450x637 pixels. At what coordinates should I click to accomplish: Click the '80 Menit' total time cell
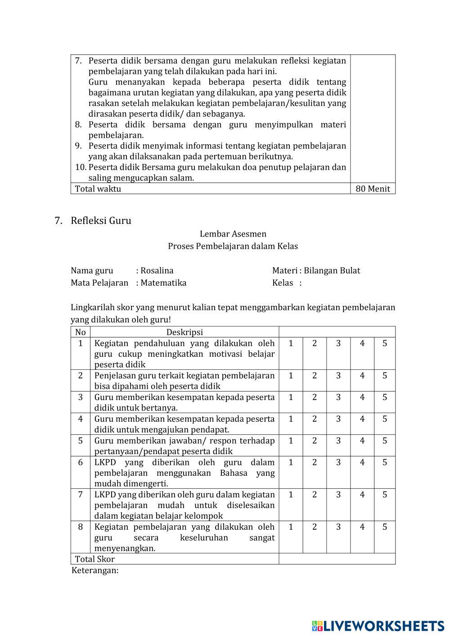[x=373, y=189]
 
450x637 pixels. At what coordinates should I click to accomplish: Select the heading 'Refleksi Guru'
[x=101, y=221]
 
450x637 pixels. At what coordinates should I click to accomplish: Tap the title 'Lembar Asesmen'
[x=233, y=234]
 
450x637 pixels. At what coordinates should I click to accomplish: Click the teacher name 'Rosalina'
[x=157, y=271]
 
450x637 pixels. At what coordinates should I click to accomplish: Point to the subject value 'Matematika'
[x=164, y=283]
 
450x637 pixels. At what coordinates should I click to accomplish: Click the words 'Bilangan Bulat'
[x=332, y=271]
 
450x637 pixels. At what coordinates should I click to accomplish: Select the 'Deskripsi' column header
[x=184, y=332]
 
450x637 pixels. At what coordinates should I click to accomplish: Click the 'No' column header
[x=81, y=332]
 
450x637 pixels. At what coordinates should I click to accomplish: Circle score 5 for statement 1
[x=385, y=343]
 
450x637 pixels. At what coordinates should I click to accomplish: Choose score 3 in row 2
[x=338, y=376]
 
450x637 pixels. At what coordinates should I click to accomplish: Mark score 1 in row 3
[x=291, y=397]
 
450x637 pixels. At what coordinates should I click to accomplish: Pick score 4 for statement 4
[x=362, y=419]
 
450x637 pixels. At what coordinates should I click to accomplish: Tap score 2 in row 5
[x=315, y=441]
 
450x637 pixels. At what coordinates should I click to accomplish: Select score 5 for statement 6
[x=385, y=462]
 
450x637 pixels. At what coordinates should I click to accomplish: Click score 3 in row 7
[x=338, y=495]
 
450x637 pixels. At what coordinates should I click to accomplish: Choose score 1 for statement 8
[x=291, y=527]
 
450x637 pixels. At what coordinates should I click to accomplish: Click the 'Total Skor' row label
[x=95, y=559]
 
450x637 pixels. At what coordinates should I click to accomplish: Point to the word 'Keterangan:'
[x=95, y=570]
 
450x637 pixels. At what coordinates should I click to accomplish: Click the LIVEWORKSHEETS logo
[x=378, y=626]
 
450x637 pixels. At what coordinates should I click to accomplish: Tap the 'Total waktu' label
[x=98, y=189]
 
